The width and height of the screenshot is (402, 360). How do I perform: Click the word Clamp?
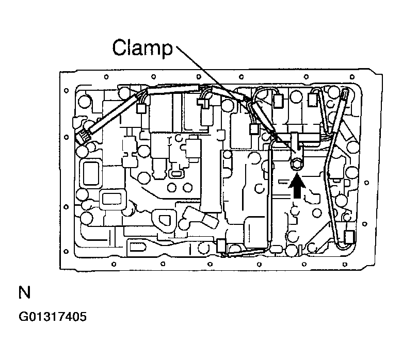click(142, 49)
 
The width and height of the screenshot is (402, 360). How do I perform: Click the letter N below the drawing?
click(24, 293)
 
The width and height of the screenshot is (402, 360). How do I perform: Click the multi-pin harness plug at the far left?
click(83, 137)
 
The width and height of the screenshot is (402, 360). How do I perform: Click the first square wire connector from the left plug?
click(139, 109)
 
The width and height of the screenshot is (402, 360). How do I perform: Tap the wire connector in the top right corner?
click(345, 94)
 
